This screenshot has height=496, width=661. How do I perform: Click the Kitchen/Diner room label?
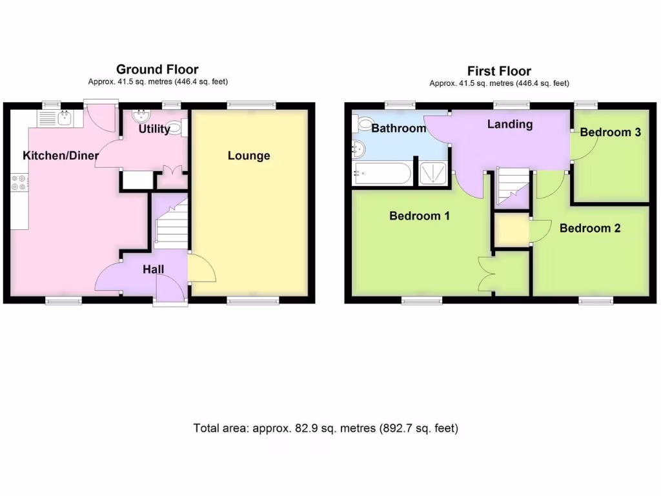click(61, 156)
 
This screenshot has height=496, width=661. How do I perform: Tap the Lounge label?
click(249, 156)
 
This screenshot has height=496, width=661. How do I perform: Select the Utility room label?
click(154, 129)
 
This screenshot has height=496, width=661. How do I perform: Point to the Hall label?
click(153, 269)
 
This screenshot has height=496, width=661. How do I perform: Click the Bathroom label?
click(398, 128)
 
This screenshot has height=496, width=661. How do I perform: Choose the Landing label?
click(509, 124)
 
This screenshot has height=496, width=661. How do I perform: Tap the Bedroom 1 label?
click(419, 216)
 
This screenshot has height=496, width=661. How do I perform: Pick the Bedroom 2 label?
click(590, 228)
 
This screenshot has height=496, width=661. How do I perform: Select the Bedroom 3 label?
click(610, 132)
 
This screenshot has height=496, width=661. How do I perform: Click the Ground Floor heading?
click(157, 69)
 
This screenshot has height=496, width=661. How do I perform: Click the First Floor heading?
click(499, 71)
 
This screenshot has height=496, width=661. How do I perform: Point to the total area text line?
click(325, 428)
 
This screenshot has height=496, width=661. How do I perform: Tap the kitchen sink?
click(64, 118)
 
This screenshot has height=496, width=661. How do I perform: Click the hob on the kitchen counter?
click(19, 183)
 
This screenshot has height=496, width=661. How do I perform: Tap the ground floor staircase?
click(169, 223)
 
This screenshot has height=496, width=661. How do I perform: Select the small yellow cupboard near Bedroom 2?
click(510, 229)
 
